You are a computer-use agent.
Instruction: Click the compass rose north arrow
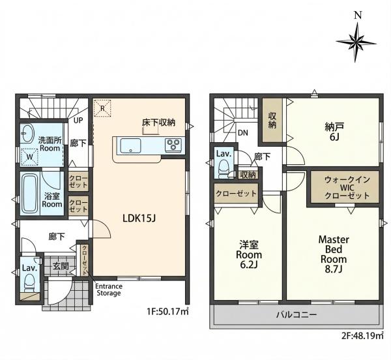pyautogui.click(x=356, y=42)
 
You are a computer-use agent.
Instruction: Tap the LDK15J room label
pyautogui.click(x=139, y=218)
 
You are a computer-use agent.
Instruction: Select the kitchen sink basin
pyautogui.click(x=130, y=146)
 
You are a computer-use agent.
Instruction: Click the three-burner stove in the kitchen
pyautogui.click(x=173, y=145)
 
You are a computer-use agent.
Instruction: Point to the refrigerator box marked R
pyautogui.click(x=102, y=108)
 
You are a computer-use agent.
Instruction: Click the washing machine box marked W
pyautogui.click(x=29, y=157)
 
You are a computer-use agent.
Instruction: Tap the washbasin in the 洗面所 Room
pyautogui.click(x=27, y=133)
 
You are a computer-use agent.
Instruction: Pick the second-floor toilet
pyautogui.click(x=223, y=169)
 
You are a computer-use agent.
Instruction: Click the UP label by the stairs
pyautogui.click(x=78, y=121)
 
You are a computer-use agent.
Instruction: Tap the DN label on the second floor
pyautogui.click(x=243, y=133)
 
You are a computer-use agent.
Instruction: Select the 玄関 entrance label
pyautogui.click(x=61, y=266)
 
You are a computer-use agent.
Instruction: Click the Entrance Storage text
pyautogui.click(x=109, y=290)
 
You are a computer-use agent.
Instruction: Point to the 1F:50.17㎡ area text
pyautogui.click(x=167, y=312)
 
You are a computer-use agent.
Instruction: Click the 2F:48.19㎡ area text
pyautogui.click(x=362, y=336)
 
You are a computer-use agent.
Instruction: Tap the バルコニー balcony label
pyautogui.click(x=297, y=314)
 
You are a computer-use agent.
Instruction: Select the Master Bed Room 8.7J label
pyautogui.click(x=334, y=254)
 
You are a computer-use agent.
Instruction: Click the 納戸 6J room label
pyautogui.click(x=334, y=132)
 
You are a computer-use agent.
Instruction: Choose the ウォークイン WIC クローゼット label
pyautogui.click(x=347, y=187)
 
